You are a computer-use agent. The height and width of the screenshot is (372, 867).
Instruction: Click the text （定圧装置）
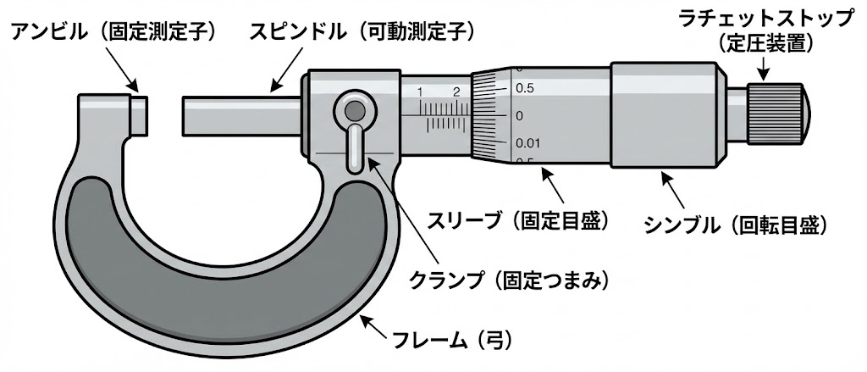pyautogui.click(x=766, y=43)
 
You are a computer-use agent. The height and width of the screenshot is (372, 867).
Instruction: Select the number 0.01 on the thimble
pyautogui.click(x=526, y=142)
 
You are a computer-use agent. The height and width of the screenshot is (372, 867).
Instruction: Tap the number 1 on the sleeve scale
pyautogui.click(x=420, y=92)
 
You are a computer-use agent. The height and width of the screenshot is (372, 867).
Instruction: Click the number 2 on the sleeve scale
pyautogui.click(x=456, y=92)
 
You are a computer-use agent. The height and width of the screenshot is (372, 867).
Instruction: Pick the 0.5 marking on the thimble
pyautogui.click(x=524, y=87)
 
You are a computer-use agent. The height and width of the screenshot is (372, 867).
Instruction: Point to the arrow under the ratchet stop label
pyautogui.click(x=765, y=68)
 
